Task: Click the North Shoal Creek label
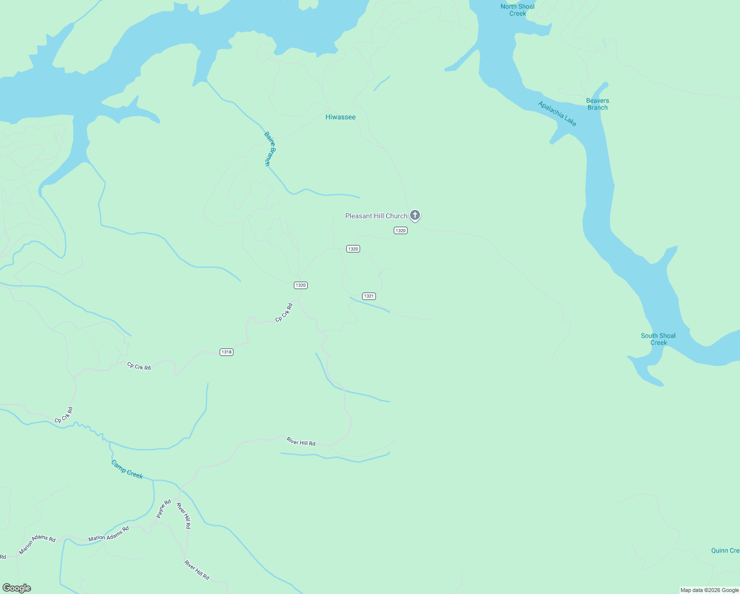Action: pos(517,10)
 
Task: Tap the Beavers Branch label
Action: pos(598,104)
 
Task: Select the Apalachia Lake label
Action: pos(557,113)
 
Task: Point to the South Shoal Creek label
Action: pos(658,339)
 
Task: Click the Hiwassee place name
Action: pos(340,117)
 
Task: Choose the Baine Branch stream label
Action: pos(270,148)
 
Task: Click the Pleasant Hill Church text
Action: pos(376,216)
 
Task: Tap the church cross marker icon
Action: pos(415,215)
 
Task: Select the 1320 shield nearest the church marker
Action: pos(401,231)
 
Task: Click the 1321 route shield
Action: pos(369,296)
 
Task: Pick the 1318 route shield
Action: pos(227,352)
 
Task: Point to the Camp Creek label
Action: pos(127,469)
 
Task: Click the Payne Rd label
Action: pos(164,509)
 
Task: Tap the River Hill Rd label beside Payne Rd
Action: pos(184,516)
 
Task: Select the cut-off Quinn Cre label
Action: pos(725,550)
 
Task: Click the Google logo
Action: pos(17,588)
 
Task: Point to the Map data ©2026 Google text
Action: pos(709,590)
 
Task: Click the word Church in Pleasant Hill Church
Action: pos(396,216)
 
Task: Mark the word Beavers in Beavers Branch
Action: pos(598,100)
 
